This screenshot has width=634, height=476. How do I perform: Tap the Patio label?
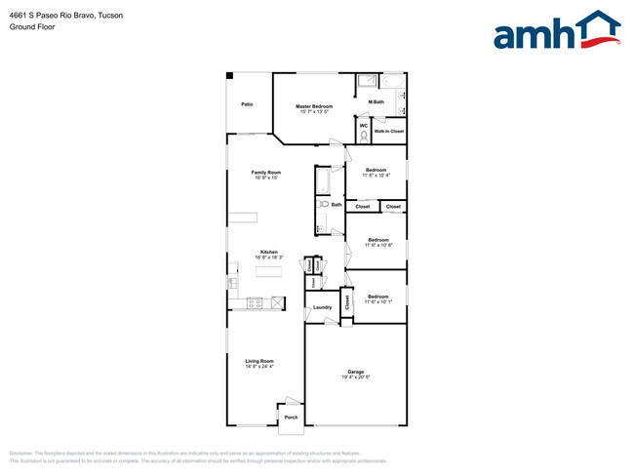click(x=248, y=102)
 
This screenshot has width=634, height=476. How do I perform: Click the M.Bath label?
click(x=376, y=102)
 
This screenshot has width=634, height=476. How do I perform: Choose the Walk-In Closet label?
click(x=389, y=131)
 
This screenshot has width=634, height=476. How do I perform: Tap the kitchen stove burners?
click(x=256, y=302)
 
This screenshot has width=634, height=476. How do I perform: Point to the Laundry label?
click(x=322, y=307)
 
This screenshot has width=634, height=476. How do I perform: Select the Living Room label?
click(x=259, y=360)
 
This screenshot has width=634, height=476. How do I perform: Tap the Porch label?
click(x=291, y=417)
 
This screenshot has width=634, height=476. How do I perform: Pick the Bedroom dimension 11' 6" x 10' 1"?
click(x=377, y=301)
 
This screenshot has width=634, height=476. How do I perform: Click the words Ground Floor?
click(x=33, y=27)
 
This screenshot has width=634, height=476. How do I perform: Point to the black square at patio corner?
click(x=230, y=75)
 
